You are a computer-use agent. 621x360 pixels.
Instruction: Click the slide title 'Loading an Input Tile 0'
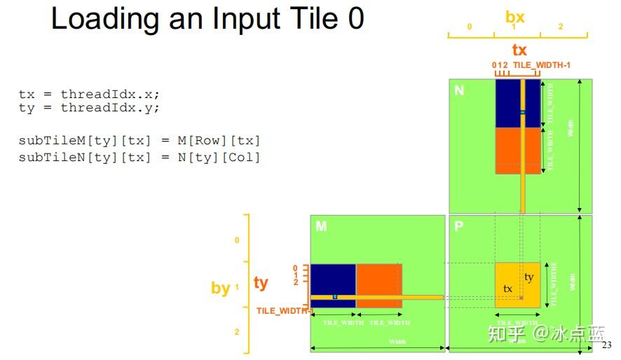click(x=207, y=19)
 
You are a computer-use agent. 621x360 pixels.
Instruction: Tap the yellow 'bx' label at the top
click(x=514, y=17)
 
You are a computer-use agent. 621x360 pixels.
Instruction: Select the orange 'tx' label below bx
click(x=519, y=50)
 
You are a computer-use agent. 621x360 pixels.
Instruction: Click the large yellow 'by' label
click(x=220, y=288)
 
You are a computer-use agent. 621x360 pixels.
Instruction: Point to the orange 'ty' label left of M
click(x=261, y=282)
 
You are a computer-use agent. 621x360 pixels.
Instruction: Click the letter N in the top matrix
click(x=459, y=90)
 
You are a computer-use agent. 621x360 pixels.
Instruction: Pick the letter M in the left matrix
click(x=320, y=226)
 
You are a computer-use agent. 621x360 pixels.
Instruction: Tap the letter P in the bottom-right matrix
click(x=458, y=226)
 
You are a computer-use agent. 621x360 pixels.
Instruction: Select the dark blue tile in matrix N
click(x=507, y=103)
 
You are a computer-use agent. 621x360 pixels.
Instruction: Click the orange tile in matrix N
click(x=507, y=150)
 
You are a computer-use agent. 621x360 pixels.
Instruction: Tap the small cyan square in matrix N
click(x=522, y=112)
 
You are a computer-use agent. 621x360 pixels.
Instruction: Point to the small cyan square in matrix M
click(x=335, y=297)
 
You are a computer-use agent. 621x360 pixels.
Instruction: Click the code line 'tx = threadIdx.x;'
click(x=94, y=94)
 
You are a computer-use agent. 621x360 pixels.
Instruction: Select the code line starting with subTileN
click(x=139, y=157)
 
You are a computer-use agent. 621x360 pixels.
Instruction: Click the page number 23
click(x=607, y=345)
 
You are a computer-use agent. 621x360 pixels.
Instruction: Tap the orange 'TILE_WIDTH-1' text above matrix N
click(x=542, y=65)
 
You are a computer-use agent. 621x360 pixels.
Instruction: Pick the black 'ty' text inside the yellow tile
click(x=528, y=277)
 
